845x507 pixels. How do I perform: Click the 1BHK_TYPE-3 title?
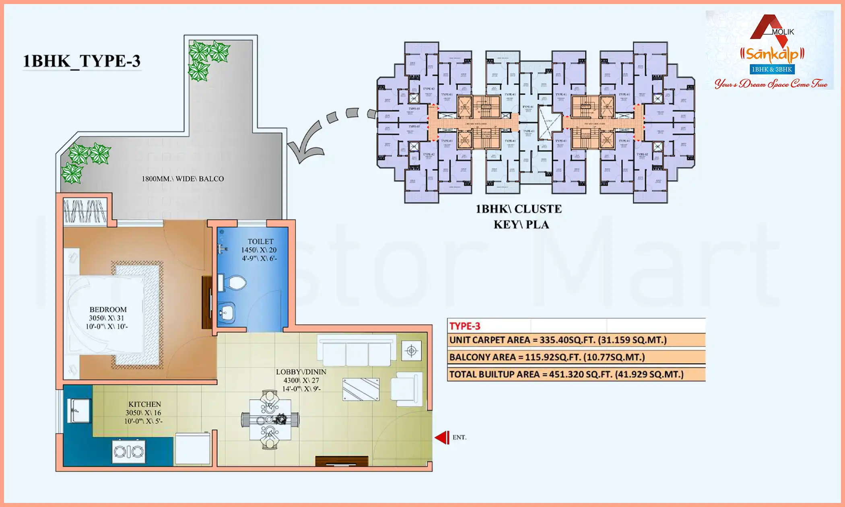[x=82, y=61]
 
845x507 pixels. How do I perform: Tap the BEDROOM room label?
[x=108, y=310]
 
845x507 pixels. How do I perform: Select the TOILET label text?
[x=260, y=241]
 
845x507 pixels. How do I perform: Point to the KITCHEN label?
[x=144, y=404]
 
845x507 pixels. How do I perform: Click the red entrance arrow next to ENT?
[x=442, y=437]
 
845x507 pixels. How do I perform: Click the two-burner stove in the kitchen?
[x=129, y=452]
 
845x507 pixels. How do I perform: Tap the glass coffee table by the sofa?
[x=361, y=389]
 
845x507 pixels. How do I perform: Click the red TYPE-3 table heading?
[x=465, y=326]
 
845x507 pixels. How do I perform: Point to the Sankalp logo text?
[x=772, y=54]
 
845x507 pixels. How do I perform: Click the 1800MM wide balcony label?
[x=183, y=179]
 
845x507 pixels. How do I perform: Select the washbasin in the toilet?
[x=227, y=312]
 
